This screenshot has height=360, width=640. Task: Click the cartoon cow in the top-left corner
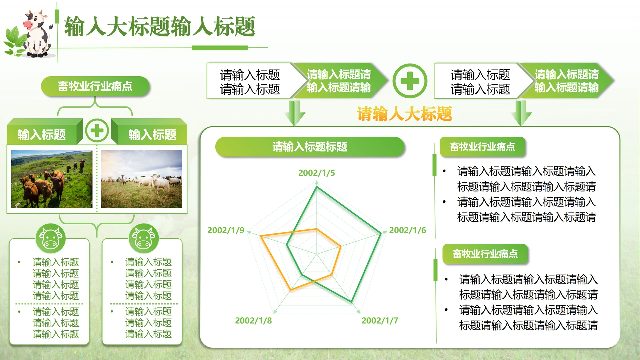click(x=37, y=33)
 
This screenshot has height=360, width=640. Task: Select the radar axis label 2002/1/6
click(x=407, y=230)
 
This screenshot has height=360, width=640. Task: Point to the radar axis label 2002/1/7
click(x=380, y=321)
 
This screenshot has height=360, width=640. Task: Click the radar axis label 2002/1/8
click(x=253, y=321)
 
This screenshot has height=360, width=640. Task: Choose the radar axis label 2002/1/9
click(x=226, y=230)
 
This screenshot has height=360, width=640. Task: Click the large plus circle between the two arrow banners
click(x=410, y=81)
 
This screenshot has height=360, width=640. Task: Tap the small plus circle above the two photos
click(x=97, y=130)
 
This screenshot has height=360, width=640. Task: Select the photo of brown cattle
click(x=52, y=179)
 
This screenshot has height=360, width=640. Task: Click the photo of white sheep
click(x=142, y=179)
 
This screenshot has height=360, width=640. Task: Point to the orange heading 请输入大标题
click(x=404, y=114)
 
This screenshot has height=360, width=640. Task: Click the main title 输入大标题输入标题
click(x=160, y=27)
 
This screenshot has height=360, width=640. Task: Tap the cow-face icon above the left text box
click(x=51, y=238)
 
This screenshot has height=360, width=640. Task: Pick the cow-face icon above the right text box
click(x=144, y=238)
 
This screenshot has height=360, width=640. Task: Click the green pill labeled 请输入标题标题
click(x=310, y=147)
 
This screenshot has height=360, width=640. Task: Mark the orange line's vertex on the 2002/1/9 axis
click(x=261, y=236)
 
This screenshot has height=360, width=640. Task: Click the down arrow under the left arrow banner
click(x=295, y=113)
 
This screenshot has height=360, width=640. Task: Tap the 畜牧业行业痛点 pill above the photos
click(x=95, y=86)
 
